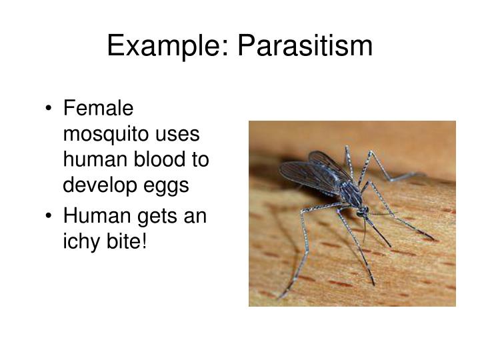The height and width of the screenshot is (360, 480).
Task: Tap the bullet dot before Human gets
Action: [51, 217]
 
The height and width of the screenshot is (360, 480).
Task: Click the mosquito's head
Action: [362, 213]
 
